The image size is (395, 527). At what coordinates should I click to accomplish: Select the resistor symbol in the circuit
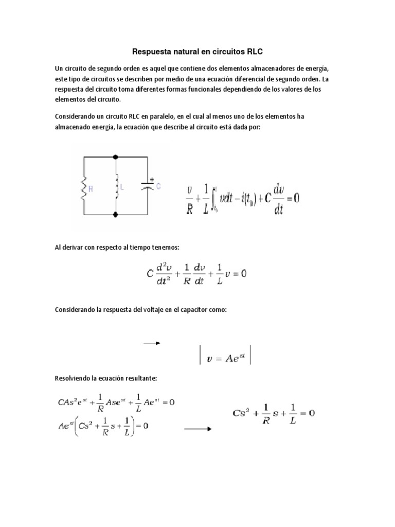(x=83, y=188)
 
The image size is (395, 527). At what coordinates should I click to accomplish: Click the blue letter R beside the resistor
(x=91, y=189)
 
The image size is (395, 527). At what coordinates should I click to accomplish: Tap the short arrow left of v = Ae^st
(x=152, y=343)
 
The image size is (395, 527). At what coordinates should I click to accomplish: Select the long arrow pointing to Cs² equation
(x=197, y=428)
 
